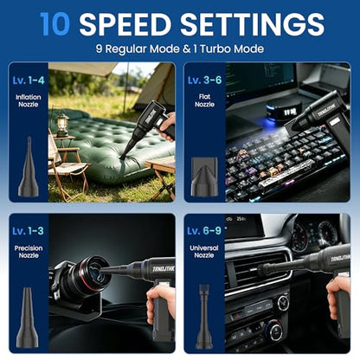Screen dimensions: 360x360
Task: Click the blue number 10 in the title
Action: tap(55, 24)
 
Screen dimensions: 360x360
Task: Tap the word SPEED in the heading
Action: tap(125, 24)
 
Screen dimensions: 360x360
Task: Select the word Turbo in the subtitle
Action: tap(215, 48)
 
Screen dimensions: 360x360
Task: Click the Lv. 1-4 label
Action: tap(29, 80)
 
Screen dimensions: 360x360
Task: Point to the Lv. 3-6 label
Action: tap(204, 80)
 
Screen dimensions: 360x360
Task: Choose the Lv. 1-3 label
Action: tap(28, 231)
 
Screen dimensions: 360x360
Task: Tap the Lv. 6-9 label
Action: tap(204, 231)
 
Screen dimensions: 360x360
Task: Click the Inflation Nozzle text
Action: tap(29, 100)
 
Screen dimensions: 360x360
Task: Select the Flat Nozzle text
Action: tap(204, 100)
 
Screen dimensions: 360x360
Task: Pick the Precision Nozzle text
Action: tap(29, 252)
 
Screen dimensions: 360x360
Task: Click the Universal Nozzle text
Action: tap(204, 251)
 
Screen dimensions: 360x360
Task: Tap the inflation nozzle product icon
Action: tap(29, 167)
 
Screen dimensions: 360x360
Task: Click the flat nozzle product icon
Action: tap(204, 176)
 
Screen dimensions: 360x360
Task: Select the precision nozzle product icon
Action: tap(28, 318)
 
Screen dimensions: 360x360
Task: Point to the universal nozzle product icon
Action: tap(204, 317)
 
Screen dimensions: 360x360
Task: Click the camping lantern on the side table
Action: tap(61, 125)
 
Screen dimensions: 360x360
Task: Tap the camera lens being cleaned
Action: tap(93, 275)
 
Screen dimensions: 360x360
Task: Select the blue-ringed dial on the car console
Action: tap(274, 331)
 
